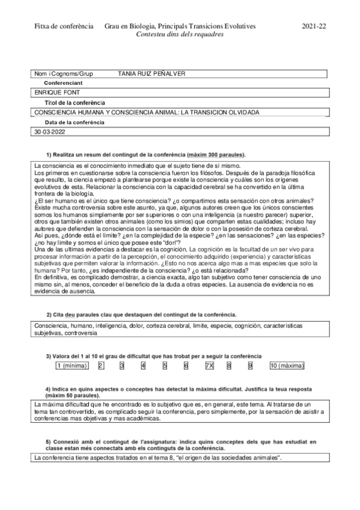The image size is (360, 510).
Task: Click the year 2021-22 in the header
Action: coord(313,26)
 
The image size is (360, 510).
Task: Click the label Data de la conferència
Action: coord(75,122)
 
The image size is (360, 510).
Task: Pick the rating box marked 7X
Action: coord(209,365)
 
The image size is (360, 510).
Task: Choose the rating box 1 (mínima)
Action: coord(72,365)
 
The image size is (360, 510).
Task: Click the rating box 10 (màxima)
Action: coord(287,365)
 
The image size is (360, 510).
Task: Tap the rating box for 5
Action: coord(165,365)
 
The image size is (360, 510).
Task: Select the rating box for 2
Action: coord(100,365)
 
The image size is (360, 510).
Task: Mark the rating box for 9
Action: coord(250,365)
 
